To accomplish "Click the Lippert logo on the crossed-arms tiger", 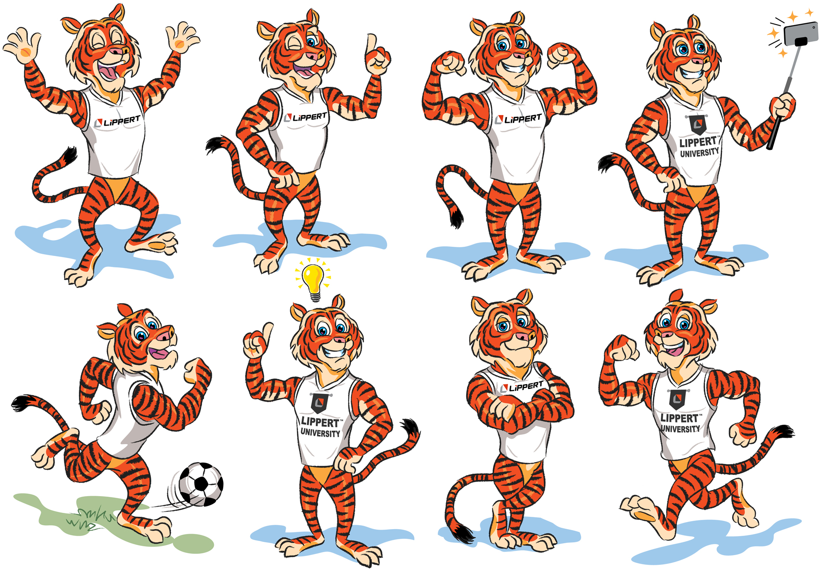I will pos(522,387).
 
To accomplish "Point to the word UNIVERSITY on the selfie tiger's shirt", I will pos(699,153).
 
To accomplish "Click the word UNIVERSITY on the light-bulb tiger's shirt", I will pos(320,433).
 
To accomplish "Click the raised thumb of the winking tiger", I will pos(371,43).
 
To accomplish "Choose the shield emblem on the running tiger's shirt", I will pos(677,399).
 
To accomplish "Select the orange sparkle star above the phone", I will pos(793,17).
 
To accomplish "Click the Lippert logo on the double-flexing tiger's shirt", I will pos(518,119).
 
